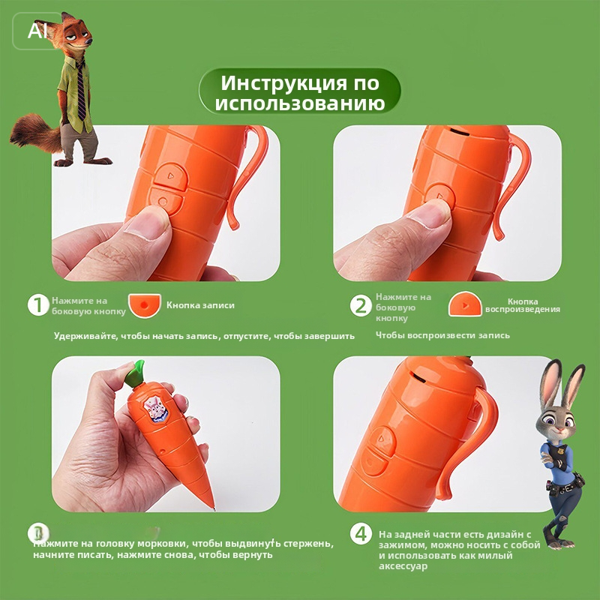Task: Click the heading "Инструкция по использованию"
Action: pyautogui.click(x=299, y=92)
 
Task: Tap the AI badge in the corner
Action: pyautogui.click(x=37, y=31)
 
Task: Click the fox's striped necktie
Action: pyautogui.click(x=81, y=91)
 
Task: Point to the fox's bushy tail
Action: pyautogui.click(x=35, y=133)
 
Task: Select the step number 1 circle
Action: pyautogui.click(x=38, y=305)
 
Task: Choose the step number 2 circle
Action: pyautogui.click(x=361, y=305)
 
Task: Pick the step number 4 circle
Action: pyautogui.click(x=361, y=533)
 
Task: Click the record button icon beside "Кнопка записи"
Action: pyautogui.click(x=145, y=305)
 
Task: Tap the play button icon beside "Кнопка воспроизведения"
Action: pyautogui.click(x=465, y=304)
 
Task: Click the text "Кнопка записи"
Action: pyautogui.click(x=200, y=305)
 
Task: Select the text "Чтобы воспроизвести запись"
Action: pyautogui.click(x=442, y=335)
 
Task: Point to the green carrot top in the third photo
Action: pyautogui.click(x=136, y=373)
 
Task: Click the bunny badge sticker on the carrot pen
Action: pyautogui.click(x=155, y=409)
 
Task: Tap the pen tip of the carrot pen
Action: pyautogui.click(x=214, y=508)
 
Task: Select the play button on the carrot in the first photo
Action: pyautogui.click(x=170, y=176)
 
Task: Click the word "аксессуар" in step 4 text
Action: pyautogui.click(x=403, y=566)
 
